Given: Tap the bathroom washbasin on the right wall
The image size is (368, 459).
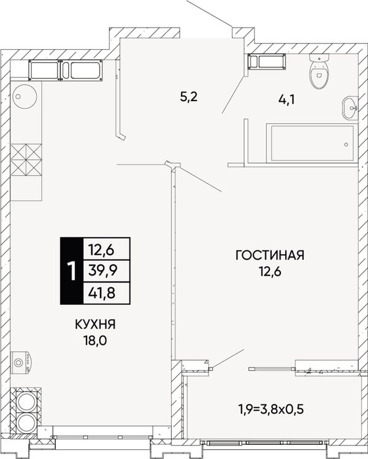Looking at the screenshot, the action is click(350, 108).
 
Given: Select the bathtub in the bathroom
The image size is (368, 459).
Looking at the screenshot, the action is click(312, 143).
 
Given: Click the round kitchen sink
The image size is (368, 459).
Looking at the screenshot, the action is click(25, 96).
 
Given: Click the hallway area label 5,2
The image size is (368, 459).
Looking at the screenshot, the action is click(189, 96).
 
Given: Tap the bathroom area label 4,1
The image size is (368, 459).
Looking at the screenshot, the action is click(286, 100).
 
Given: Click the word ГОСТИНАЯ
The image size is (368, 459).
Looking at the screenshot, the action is click(270, 255).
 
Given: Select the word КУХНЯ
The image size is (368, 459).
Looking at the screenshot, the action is click(95, 325).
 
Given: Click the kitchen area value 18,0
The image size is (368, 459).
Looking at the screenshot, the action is click(95, 341).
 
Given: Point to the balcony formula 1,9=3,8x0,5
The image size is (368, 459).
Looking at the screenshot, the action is click(271, 409).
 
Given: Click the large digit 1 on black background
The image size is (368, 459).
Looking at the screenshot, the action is click(71, 271).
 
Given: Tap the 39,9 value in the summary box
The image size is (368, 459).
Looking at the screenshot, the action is click(102, 271).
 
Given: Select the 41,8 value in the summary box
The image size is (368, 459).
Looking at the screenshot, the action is click(102, 293).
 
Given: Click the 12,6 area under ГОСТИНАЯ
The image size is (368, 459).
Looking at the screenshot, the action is click(270, 272).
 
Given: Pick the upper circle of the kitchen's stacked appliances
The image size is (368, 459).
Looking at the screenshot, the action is click(26, 401).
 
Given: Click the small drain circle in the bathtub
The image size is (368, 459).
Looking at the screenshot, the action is click(346, 144).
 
